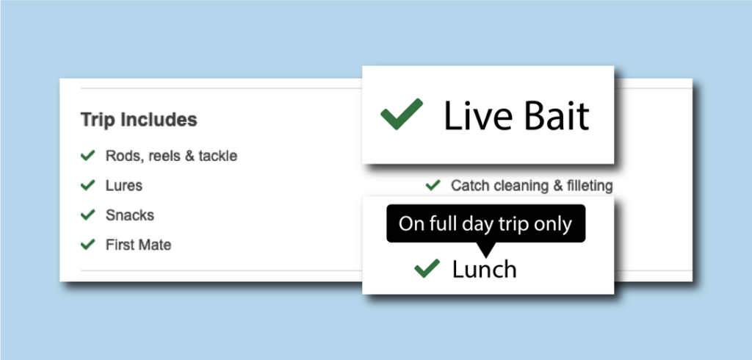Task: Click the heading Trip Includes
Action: pos(139,120)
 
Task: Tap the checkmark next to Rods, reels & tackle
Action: pos(88,156)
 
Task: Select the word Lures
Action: pos(123,185)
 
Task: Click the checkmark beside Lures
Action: pos(88,185)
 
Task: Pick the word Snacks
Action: pos(129,215)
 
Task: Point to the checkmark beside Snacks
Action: pos(88,215)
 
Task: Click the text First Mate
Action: pos(138,245)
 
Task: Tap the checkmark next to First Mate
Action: pos(88,245)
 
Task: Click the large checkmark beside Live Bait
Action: pos(402,114)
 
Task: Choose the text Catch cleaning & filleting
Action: pos(532,186)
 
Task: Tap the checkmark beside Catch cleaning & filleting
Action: pos(433,185)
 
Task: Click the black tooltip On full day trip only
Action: pos(486,223)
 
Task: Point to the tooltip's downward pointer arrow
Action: pos(486,250)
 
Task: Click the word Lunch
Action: pos(485,270)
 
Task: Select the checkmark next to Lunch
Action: pos(427,268)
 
